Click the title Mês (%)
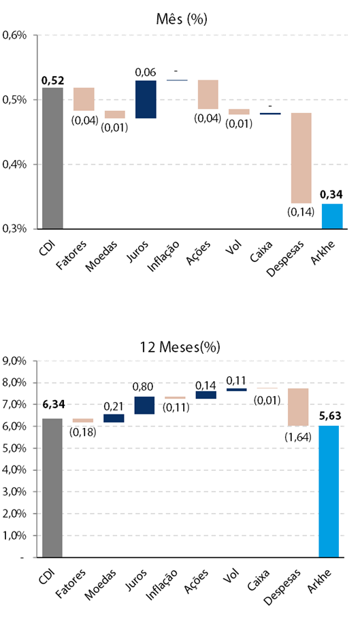pos(182,19)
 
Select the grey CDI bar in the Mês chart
pos(52,159)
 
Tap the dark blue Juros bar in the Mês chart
pos(146,99)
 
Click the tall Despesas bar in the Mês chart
pos(301,158)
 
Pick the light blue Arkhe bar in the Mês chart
pos(332,216)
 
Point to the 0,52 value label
pos(53,81)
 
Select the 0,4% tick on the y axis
pos(15,165)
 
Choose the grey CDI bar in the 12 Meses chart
pos(52,488)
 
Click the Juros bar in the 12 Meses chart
pos(144,405)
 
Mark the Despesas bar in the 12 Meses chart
pos(298,407)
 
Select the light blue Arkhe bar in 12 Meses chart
pos(329,491)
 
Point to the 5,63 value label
pos(331,416)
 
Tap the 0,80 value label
pos(143,386)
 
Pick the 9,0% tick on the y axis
pos(14,361)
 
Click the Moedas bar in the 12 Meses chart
pos(114,418)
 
